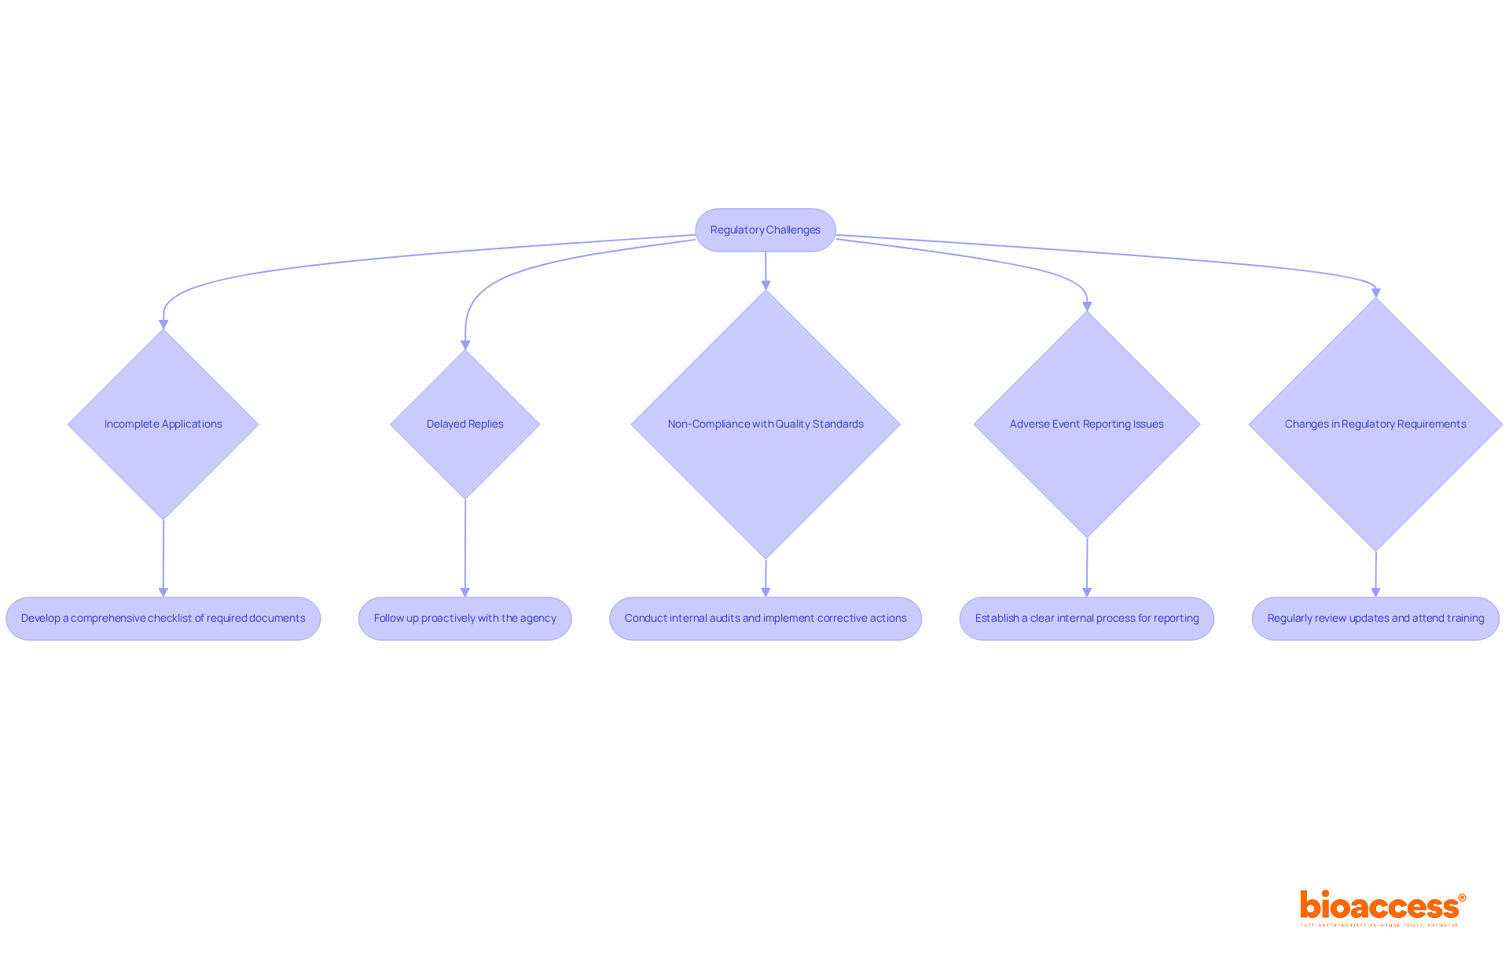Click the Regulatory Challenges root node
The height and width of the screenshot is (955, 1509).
(x=766, y=230)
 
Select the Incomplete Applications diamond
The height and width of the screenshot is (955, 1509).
(x=163, y=424)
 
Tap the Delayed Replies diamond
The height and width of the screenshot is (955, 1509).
(x=465, y=424)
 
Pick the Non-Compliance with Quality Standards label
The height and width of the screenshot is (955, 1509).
(x=766, y=424)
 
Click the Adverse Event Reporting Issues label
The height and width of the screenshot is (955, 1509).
(x=1087, y=424)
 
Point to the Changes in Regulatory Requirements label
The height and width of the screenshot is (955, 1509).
(x=1375, y=424)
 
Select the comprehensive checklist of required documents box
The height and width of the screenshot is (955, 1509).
(x=163, y=619)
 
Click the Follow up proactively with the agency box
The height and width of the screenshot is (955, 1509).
(x=465, y=619)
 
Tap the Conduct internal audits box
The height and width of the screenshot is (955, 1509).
(x=766, y=619)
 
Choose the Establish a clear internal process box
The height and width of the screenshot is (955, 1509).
(x=1087, y=619)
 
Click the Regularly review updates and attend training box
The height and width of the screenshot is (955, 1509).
(x=1375, y=619)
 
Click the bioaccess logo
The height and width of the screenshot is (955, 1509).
(x=1382, y=907)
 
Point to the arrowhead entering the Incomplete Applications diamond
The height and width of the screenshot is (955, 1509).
(x=163, y=324)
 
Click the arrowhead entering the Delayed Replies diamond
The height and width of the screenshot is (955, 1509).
(x=465, y=344)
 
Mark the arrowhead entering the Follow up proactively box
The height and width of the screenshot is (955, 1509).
(x=465, y=592)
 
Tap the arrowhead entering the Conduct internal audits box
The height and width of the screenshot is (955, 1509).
(x=766, y=592)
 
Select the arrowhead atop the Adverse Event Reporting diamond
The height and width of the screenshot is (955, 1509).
(x=1087, y=307)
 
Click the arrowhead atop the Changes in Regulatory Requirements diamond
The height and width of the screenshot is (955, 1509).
(x=1375, y=292)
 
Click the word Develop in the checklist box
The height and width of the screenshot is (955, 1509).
(x=40, y=619)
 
